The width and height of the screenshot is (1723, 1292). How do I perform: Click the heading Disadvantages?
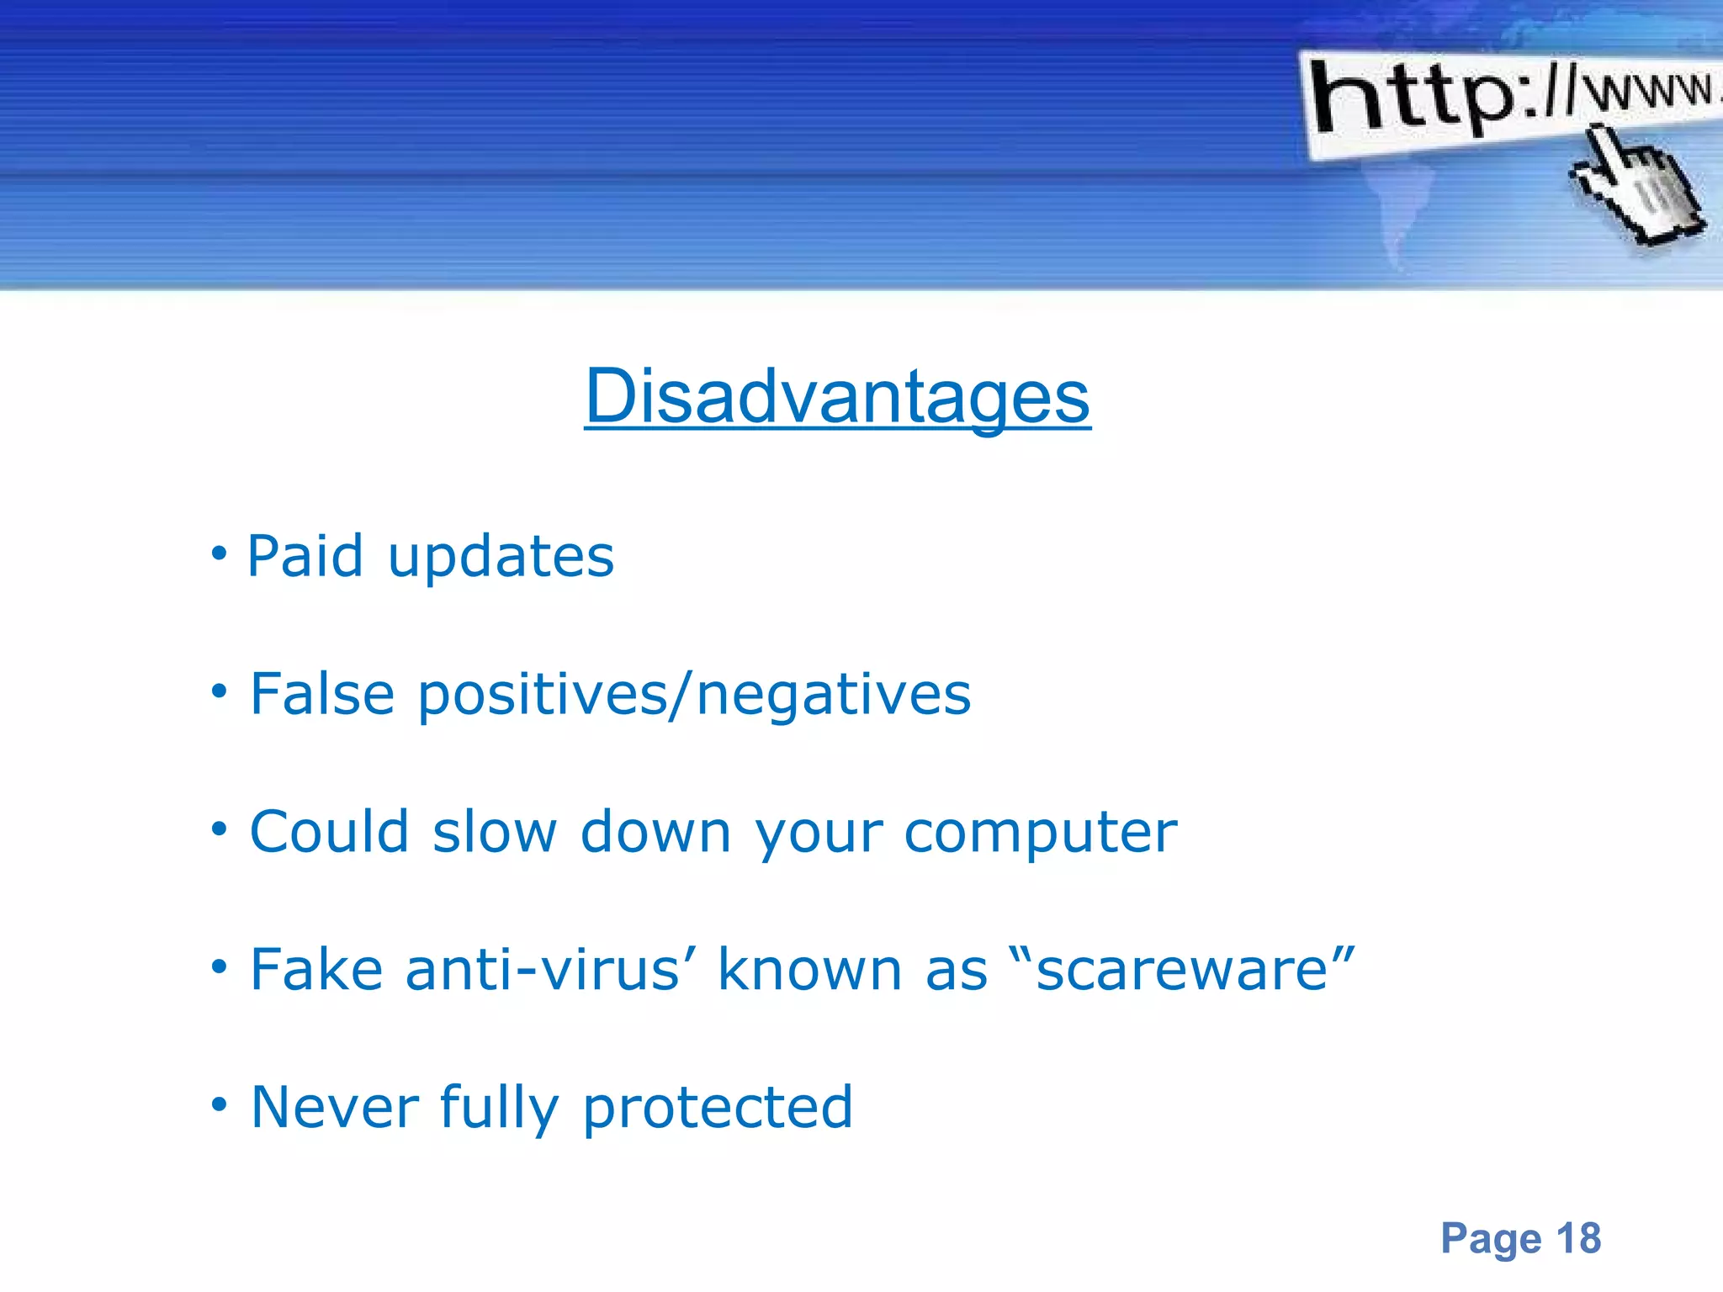pos(837,397)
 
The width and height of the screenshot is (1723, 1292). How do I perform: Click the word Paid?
pos(305,557)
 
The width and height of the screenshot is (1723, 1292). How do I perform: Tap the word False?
pos(322,695)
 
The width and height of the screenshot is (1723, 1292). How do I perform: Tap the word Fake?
pos(316,970)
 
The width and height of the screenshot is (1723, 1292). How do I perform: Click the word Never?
pos(335,1107)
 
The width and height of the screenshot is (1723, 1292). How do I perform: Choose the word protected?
pos(718,1109)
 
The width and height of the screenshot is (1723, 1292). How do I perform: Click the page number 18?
pos(1578,1238)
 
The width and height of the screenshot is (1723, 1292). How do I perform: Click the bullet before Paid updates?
pos(219,554)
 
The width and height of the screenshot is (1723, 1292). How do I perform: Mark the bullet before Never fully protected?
pos(219,1104)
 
